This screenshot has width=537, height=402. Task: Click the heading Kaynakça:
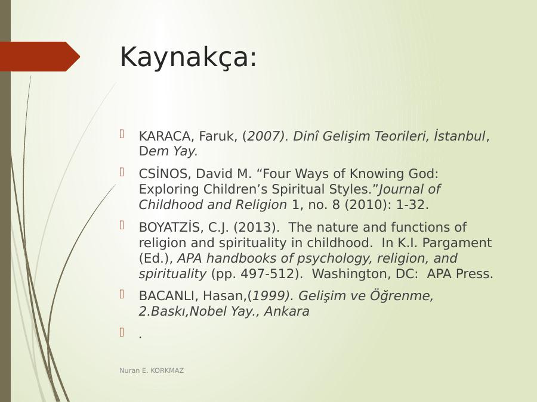pyautogui.click(x=188, y=57)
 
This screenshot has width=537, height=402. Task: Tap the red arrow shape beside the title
pyautogui.click(x=40, y=57)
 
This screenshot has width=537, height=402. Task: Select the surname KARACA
pyautogui.click(x=165, y=136)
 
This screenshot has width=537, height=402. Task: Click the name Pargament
pyautogui.click(x=457, y=243)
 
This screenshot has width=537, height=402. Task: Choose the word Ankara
pyautogui.click(x=286, y=311)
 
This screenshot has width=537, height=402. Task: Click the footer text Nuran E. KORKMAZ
pyautogui.click(x=152, y=370)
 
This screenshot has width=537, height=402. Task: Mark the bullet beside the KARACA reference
pyautogui.click(x=122, y=133)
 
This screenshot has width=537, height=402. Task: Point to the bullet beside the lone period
pyautogui.click(x=122, y=332)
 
